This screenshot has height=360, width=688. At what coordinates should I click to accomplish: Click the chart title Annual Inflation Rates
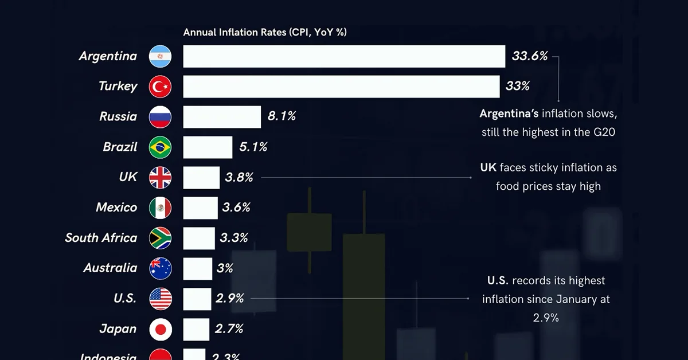tap(264, 33)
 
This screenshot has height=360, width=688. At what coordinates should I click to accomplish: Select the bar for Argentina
tap(344, 56)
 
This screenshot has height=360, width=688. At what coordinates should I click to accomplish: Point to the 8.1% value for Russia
tap(282, 116)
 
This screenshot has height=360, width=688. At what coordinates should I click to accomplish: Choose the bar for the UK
tap(201, 178)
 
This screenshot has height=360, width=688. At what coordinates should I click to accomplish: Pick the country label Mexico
tap(116, 208)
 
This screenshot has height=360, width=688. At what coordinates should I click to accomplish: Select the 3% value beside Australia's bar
tap(225, 268)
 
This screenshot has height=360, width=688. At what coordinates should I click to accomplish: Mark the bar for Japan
tap(196, 329)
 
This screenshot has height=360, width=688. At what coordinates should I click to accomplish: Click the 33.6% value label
tap(530, 56)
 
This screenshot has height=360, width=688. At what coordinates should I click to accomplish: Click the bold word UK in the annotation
tap(488, 168)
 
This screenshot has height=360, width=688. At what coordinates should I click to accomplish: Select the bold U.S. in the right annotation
tap(498, 281)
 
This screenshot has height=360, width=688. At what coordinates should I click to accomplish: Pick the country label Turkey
tap(118, 86)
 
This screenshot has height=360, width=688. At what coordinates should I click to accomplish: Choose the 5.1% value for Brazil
tap(253, 147)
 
